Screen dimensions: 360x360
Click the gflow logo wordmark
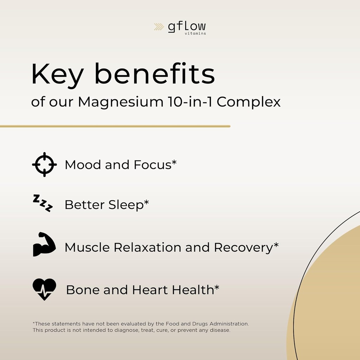click(x=186, y=27)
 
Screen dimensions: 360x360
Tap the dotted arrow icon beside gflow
click(x=159, y=27)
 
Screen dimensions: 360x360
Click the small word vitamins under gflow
click(x=195, y=34)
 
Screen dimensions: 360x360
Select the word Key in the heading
click(x=58, y=75)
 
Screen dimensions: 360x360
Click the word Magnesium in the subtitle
click(x=118, y=102)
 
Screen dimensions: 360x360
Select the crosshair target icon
click(x=44, y=165)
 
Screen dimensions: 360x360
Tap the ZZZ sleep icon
click(x=43, y=203)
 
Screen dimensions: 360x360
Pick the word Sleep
click(x=126, y=205)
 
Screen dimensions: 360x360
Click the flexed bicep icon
click(x=44, y=244)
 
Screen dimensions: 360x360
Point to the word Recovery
click(x=243, y=247)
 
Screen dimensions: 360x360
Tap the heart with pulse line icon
click(x=44, y=289)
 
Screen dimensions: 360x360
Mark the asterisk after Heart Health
click(x=217, y=288)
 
